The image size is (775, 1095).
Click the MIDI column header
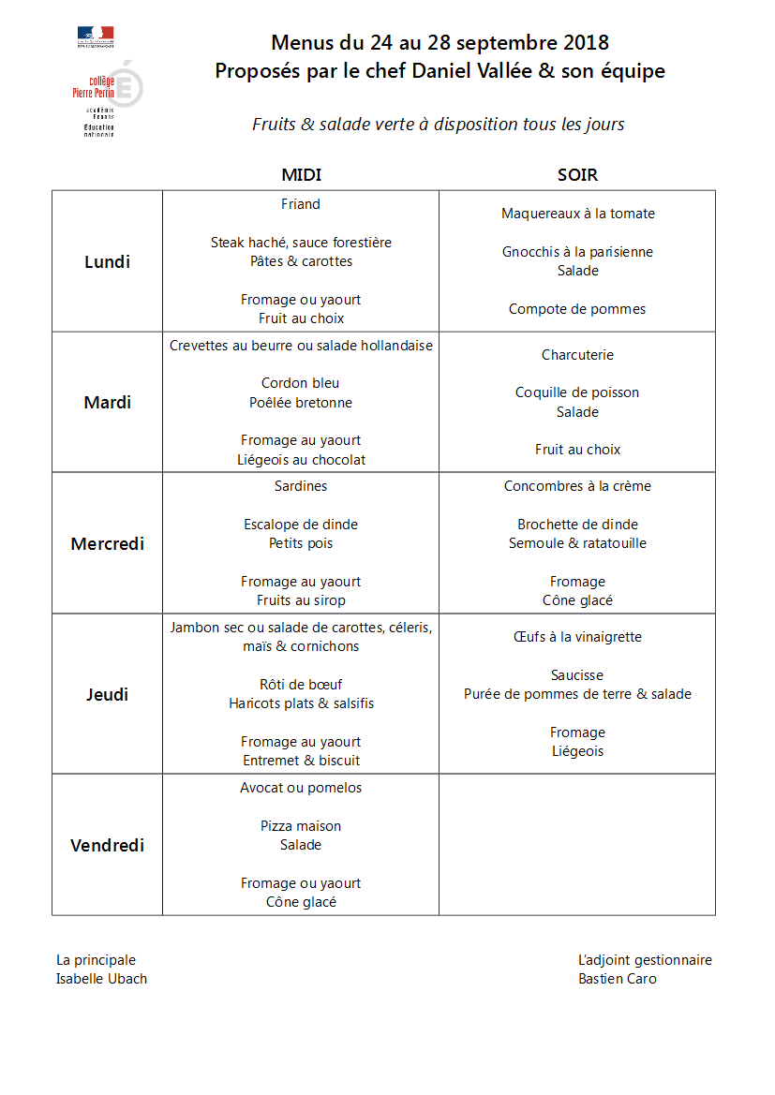(x=301, y=175)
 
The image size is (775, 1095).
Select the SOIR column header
(x=577, y=175)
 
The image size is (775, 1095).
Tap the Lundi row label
(x=107, y=262)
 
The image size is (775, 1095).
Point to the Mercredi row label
(x=107, y=544)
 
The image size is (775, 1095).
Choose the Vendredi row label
(x=107, y=846)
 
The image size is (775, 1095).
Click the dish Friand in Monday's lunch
(x=301, y=204)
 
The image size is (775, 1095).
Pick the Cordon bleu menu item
(x=301, y=383)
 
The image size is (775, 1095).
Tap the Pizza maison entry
(x=301, y=826)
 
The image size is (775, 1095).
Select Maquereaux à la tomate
(x=577, y=214)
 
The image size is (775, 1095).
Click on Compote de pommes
(x=577, y=309)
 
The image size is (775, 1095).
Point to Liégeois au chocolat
(x=301, y=460)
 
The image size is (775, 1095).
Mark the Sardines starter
(x=301, y=486)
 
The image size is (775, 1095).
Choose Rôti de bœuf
(x=301, y=685)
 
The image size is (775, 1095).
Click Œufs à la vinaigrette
(x=577, y=637)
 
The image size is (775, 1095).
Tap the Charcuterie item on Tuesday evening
(x=577, y=355)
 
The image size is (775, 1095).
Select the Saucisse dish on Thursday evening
(x=577, y=675)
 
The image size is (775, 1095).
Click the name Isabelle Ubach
(x=101, y=979)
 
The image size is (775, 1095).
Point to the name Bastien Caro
(x=618, y=979)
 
